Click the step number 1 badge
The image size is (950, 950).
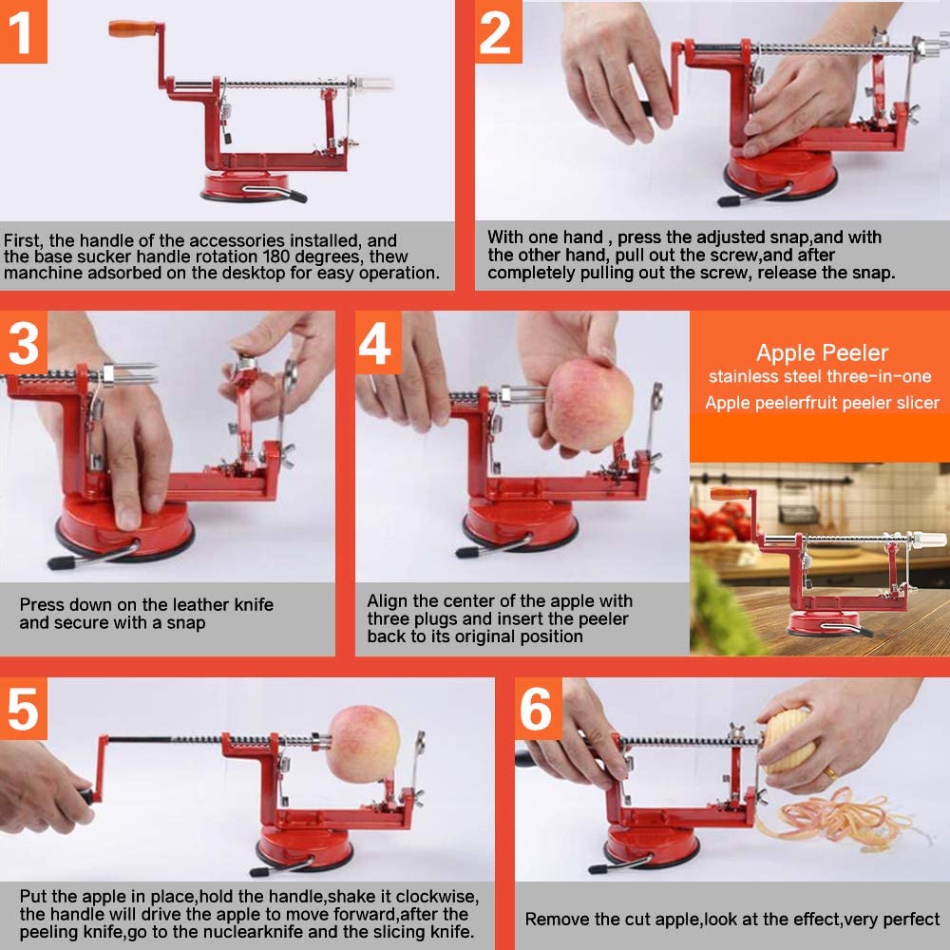[x=23, y=31]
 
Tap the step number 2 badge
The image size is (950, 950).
[x=498, y=31]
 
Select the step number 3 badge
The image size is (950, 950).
[x=24, y=343]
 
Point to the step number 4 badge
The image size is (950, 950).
[x=378, y=343]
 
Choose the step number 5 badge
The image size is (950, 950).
[x=24, y=709]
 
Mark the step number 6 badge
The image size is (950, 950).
[x=538, y=709]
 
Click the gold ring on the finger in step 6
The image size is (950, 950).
[x=830, y=773]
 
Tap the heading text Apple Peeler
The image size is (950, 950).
[x=822, y=352]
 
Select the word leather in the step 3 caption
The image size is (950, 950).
[x=199, y=604]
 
